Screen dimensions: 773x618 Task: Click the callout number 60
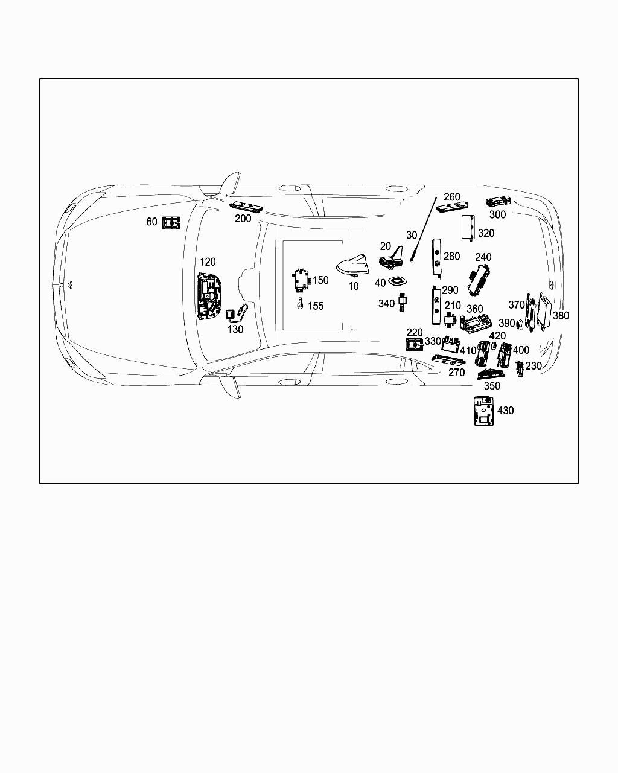coord(151,222)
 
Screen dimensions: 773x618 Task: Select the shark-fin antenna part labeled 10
coord(351,265)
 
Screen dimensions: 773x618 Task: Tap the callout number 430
coord(505,411)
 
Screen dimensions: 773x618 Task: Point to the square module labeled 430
coord(483,411)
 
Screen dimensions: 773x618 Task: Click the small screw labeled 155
coord(300,305)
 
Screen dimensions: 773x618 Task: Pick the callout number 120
coord(208,262)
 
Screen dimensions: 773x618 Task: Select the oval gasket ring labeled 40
coord(398,281)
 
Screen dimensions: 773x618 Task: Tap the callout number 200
coord(243,219)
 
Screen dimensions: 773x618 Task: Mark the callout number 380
coord(561,316)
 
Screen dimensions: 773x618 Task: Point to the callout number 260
coord(451,197)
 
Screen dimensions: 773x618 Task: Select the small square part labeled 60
coord(171,223)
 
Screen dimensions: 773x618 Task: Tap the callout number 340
coord(386,304)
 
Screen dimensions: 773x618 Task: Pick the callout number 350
coord(492,386)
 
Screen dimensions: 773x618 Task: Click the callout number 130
coord(235,329)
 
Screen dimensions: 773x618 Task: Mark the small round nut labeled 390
coord(520,324)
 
